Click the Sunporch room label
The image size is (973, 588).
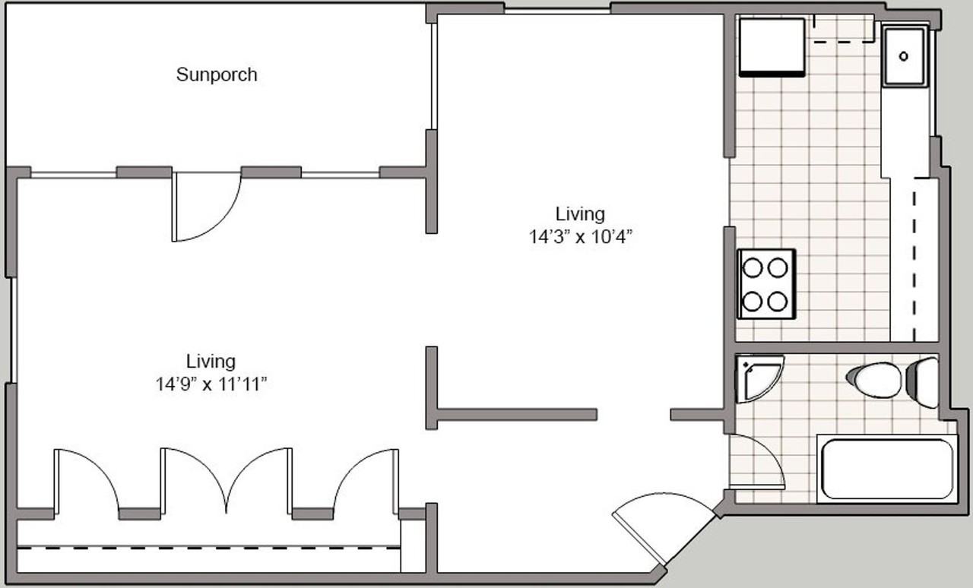(217, 74)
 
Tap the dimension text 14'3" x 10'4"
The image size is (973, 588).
(580, 237)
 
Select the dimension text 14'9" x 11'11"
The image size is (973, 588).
(211, 384)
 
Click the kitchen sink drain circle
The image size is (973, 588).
(904, 56)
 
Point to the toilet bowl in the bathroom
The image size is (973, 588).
(874, 381)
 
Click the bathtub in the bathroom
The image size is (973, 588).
(887, 469)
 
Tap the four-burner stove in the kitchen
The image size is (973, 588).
(766, 284)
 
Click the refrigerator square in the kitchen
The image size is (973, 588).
(772, 47)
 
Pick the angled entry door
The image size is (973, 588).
(664, 526)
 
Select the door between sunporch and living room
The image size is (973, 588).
(206, 207)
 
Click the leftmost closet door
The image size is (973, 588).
(86, 478)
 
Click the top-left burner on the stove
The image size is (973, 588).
(753, 268)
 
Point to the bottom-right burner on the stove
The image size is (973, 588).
(778, 302)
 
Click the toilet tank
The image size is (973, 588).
(923, 383)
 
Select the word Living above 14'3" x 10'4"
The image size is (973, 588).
(580, 214)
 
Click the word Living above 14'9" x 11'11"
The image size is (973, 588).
(211, 362)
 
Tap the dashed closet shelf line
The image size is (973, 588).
(208, 548)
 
